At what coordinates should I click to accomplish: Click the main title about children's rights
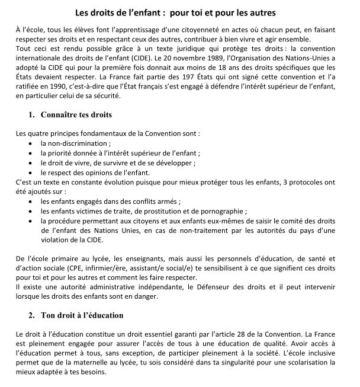pyautogui.click(x=179, y=12)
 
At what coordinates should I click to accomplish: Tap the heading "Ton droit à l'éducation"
pyautogui.click(x=82, y=314)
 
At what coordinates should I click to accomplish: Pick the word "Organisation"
pyautogui.click(x=249, y=60)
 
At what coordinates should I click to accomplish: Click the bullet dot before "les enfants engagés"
pyautogui.click(x=31, y=201)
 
